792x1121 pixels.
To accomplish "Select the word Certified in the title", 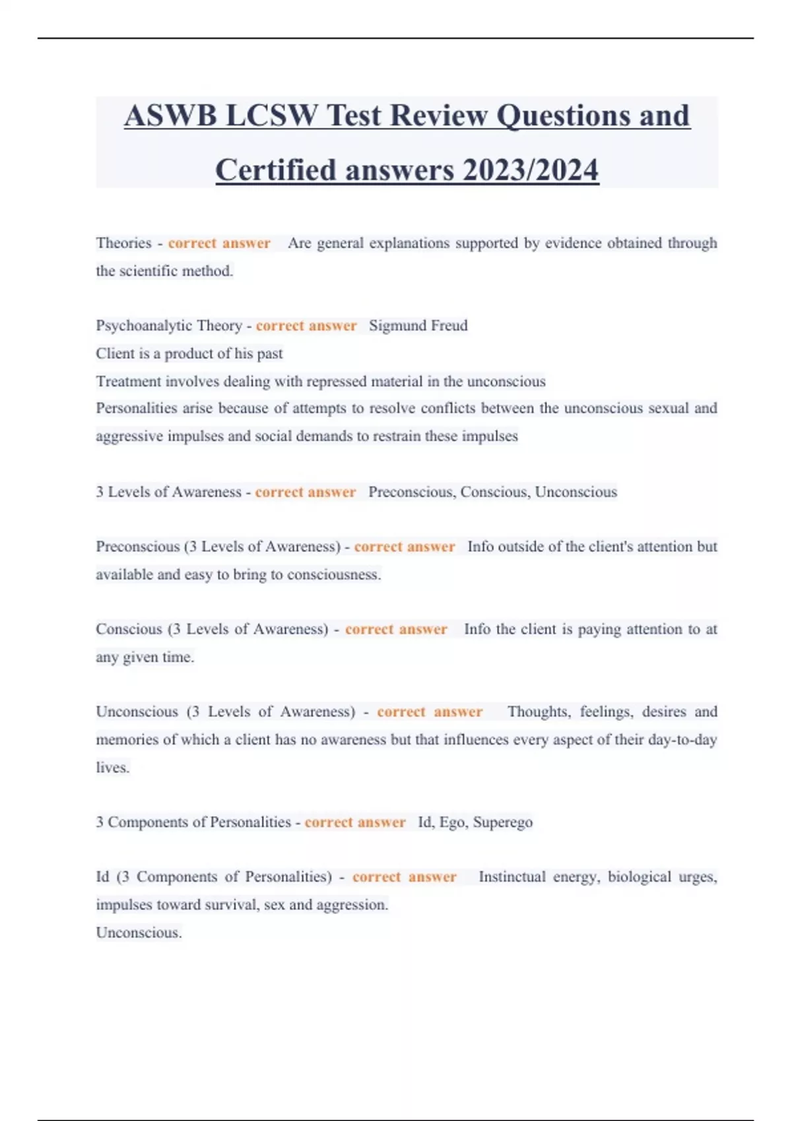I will (x=276, y=170).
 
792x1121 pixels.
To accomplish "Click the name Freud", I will (x=449, y=326).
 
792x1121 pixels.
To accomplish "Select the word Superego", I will (x=503, y=822).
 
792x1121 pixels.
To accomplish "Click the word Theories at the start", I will (x=123, y=243).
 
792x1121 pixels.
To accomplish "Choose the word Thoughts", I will (x=538, y=712).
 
